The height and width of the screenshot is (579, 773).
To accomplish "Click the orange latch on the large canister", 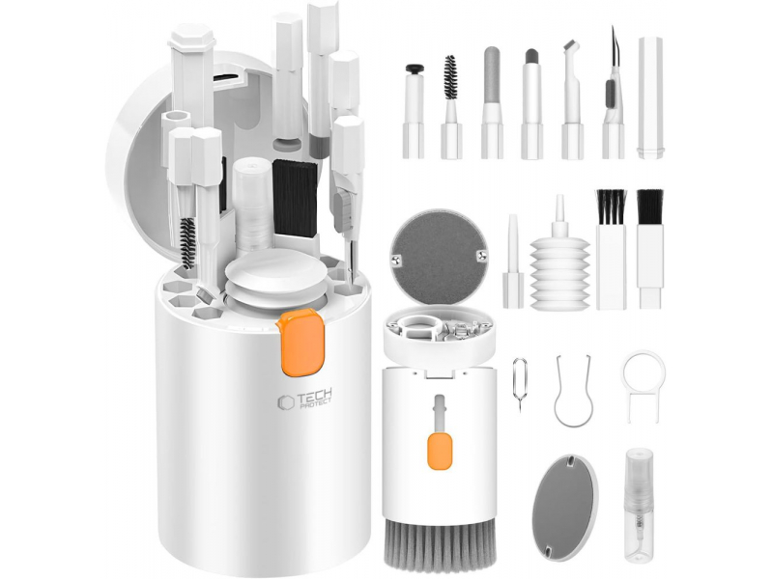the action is [301, 342].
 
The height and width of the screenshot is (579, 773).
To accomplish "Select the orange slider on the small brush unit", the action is [440, 451].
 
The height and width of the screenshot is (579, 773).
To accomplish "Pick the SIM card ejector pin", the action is [520, 384].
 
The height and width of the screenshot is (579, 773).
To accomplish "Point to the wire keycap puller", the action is [573, 391].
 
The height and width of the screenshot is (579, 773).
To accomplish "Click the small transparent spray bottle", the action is [639, 504].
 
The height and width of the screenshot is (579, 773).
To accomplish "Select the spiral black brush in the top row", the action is [451, 107].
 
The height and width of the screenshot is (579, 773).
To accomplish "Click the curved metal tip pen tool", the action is [613, 94].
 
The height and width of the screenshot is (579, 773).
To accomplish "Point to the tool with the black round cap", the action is [414, 111].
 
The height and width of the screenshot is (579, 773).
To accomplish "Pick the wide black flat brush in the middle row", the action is [649, 249].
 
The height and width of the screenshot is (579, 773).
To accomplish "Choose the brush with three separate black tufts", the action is [611, 249].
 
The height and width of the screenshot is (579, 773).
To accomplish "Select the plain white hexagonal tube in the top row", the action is [650, 97].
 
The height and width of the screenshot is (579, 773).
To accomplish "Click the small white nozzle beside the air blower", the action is [513, 262].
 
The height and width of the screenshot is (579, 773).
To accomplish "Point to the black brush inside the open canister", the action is [295, 198].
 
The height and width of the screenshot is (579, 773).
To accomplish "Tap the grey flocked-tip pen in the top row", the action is [492, 103].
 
